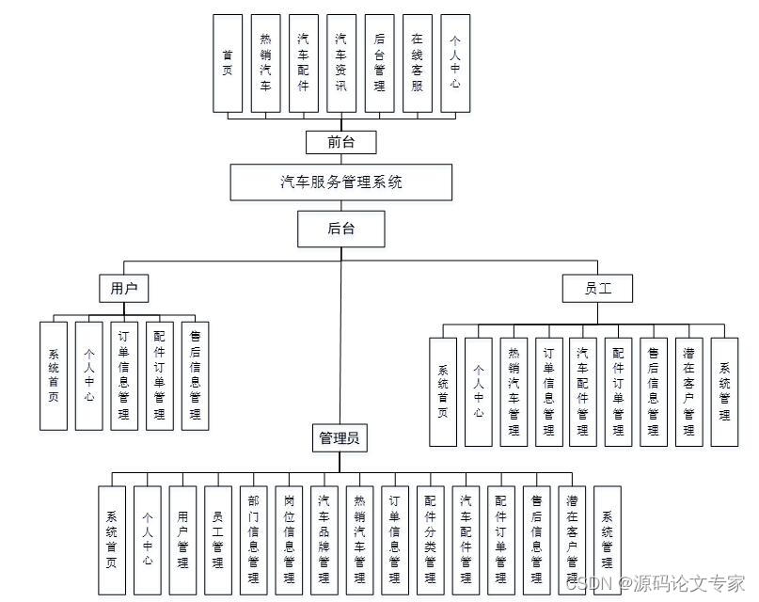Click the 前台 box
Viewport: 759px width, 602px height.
click(341, 142)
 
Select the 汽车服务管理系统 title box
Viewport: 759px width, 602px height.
click(341, 182)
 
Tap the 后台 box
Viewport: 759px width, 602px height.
click(341, 228)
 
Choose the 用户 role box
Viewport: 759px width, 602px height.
click(124, 288)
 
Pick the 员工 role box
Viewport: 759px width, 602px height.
click(598, 288)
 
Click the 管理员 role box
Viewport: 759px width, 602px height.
click(341, 437)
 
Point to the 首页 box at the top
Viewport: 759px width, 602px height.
click(227, 63)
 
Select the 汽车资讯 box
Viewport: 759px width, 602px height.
click(341, 63)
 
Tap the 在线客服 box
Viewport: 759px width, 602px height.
click(418, 63)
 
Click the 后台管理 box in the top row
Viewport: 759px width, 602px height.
click(379, 63)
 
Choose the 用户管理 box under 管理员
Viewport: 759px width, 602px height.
click(183, 540)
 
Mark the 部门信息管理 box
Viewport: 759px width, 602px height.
click(254, 540)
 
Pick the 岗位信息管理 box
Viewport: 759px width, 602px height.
click(290, 540)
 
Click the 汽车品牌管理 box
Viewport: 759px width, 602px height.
click(324, 540)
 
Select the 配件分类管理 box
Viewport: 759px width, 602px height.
click(431, 540)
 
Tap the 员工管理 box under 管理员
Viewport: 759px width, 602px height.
click(218, 540)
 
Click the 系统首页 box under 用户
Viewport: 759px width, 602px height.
click(54, 375)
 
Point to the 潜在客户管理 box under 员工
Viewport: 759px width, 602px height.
click(689, 391)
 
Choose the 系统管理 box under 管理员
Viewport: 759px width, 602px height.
click(608, 540)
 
